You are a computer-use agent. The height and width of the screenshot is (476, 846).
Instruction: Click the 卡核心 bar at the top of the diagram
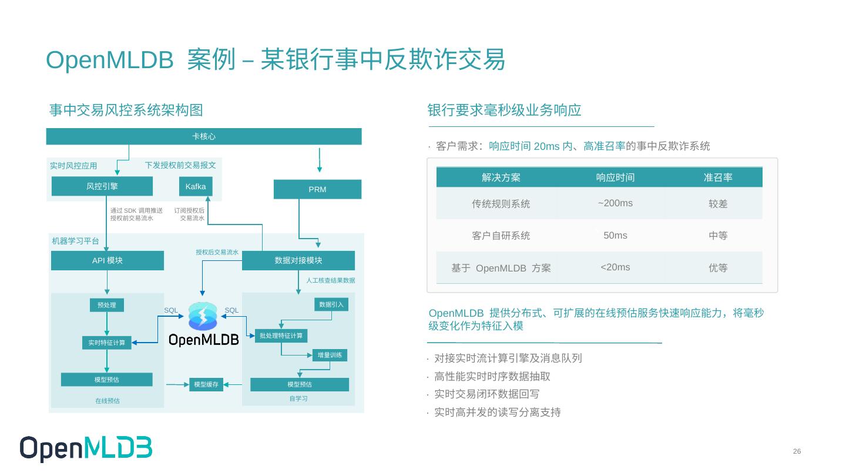coord(204,136)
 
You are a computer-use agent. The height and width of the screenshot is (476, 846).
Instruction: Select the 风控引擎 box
coord(102,186)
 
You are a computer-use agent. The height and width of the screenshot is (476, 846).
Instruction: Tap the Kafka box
coord(196,186)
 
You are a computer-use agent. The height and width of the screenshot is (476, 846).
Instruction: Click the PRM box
coord(317,189)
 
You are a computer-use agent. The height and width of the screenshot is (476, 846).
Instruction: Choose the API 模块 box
coord(108,260)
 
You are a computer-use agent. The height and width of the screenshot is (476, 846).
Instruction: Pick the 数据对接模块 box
coord(298,260)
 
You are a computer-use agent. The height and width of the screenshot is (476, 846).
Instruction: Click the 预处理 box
coord(107,305)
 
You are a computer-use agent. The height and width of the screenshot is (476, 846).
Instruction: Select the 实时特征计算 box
coord(107,343)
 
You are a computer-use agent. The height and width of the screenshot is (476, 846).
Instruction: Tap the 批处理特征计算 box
coord(281,336)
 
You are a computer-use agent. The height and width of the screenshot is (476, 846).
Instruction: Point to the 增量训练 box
coord(330,355)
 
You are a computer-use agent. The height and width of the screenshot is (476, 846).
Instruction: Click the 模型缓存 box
coord(206,385)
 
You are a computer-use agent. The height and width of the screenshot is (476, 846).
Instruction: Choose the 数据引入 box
coord(331,304)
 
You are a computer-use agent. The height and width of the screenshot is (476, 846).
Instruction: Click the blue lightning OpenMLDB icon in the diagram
coord(203,316)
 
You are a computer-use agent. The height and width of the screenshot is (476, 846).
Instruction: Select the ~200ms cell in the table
coord(615,203)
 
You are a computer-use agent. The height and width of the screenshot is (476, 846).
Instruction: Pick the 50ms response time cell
coord(615,236)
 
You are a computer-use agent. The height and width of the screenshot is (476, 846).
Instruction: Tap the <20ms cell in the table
coord(615,267)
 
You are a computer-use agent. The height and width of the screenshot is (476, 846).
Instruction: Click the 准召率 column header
coord(718,177)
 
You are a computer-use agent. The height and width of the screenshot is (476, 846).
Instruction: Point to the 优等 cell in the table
coord(718,268)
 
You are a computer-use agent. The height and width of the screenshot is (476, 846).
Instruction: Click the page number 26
coord(797,451)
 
